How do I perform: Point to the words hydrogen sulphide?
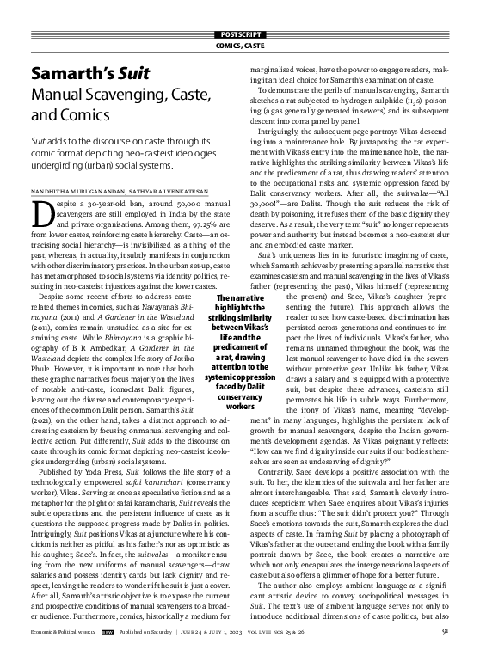388,101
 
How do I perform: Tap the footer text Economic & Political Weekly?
64,639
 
